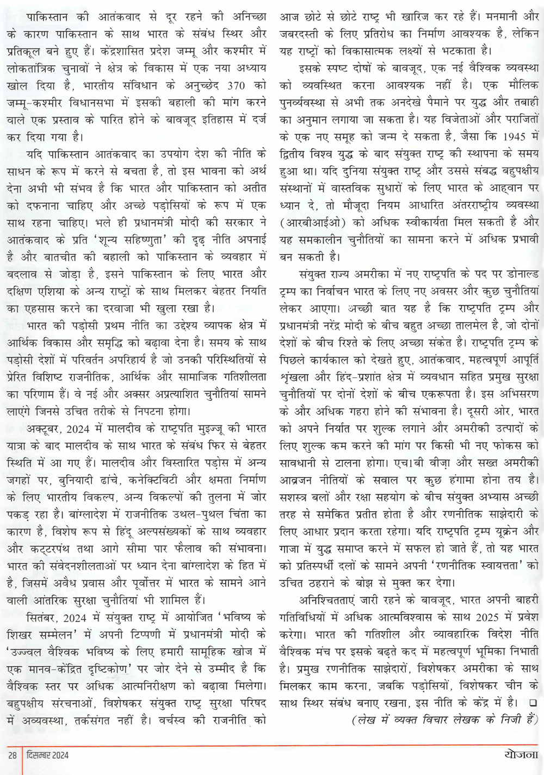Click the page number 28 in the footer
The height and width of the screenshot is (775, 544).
[13, 755]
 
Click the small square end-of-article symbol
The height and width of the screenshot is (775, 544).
[533, 703]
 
